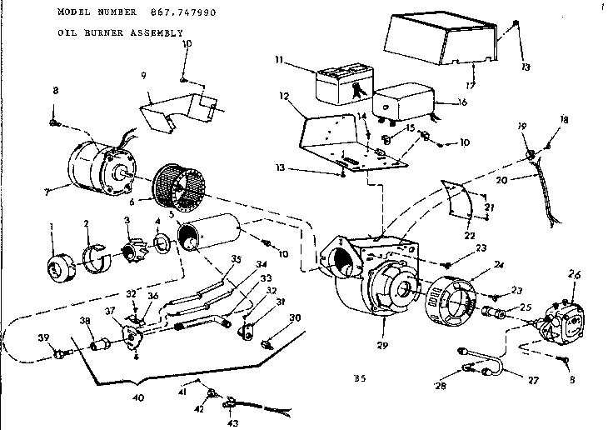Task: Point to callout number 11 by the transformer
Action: click(x=281, y=60)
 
